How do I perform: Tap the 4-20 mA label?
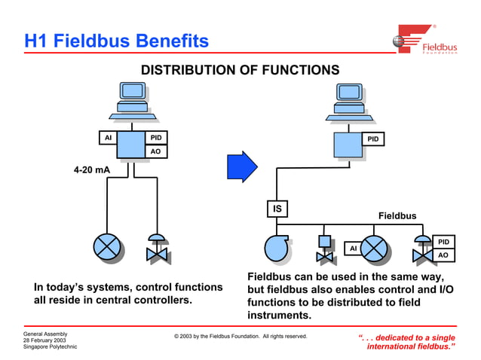(92, 170)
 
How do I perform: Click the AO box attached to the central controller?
(156, 151)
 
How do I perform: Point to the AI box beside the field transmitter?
(352, 248)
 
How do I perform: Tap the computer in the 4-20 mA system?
(133, 101)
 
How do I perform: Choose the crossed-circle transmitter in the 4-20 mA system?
(107, 246)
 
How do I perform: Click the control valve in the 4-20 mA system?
(157, 249)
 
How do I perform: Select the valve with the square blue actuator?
(324, 249)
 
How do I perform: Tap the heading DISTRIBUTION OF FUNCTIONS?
(240, 70)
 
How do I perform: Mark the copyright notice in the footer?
(240, 336)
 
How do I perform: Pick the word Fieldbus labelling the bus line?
(397, 216)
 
